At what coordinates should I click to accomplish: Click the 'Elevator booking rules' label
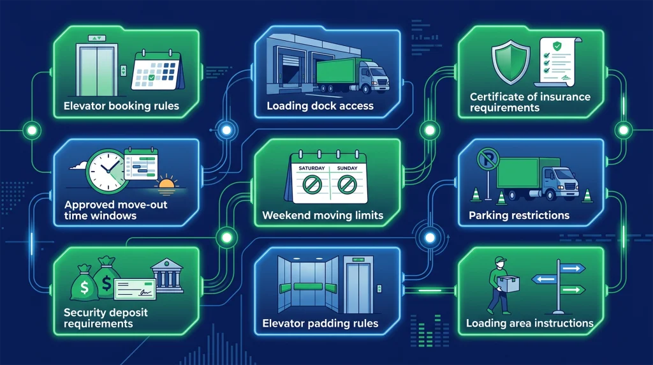point(121,106)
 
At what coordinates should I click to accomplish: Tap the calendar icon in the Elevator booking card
point(158,70)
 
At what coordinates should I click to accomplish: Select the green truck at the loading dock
point(352,75)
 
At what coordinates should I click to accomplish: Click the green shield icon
point(511,63)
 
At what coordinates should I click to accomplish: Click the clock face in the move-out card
point(107,172)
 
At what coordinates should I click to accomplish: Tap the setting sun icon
point(166,185)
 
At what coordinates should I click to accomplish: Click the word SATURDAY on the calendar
point(311,168)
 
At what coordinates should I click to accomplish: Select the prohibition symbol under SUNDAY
point(347,184)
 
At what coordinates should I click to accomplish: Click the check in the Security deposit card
point(135,289)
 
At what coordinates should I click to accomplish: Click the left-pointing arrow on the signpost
point(544,279)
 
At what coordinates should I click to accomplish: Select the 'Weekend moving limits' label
point(323,216)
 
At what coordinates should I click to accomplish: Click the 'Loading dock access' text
point(320,106)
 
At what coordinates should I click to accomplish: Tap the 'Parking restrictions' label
point(519,216)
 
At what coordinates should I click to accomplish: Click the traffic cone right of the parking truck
point(587,195)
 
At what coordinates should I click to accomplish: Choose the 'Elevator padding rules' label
point(320,324)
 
